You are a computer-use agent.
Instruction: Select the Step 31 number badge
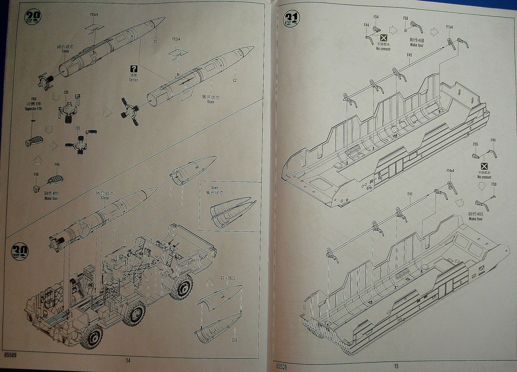(x=291, y=19)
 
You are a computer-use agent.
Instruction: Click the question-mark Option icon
(x=133, y=69)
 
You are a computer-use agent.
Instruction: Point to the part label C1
(x=155, y=42)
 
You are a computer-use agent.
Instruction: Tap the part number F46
(x=57, y=164)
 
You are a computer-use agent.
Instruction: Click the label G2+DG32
(x=228, y=278)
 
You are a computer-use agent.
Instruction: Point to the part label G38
(x=234, y=340)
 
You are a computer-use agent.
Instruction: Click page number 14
(x=128, y=360)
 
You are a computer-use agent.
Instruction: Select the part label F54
(x=376, y=17)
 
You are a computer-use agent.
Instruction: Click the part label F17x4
(x=449, y=27)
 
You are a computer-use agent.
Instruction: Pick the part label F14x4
(x=451, y=171)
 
